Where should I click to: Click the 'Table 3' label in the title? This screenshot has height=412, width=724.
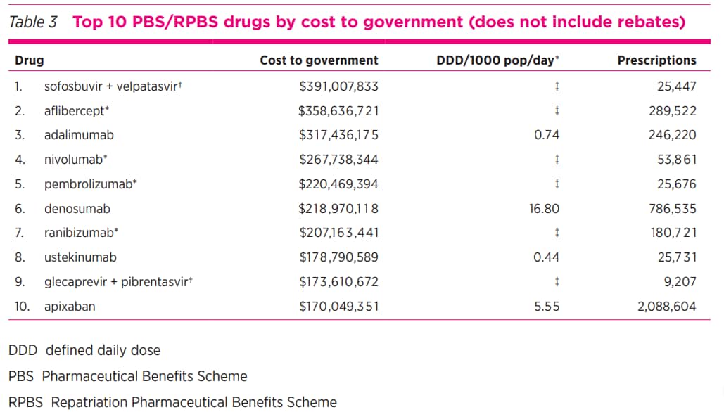[32, 22]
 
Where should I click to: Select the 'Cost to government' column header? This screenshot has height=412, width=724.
[319, 60]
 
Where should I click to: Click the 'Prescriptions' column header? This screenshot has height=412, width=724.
[656, 60]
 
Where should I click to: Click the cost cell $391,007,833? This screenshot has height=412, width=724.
[338, 86]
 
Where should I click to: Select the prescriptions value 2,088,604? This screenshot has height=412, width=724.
[666, 307]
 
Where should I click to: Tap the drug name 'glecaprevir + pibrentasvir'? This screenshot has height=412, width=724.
[118, 282]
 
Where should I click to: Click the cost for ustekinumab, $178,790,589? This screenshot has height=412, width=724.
[338, 257]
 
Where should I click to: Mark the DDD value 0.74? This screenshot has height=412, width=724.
[547, 135]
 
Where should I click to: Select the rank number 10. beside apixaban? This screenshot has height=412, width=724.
[23, 307]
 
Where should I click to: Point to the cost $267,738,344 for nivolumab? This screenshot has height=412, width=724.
[338, 160]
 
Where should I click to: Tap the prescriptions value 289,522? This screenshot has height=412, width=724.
[672, 111]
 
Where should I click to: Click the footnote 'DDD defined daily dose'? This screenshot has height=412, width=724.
[84, 350]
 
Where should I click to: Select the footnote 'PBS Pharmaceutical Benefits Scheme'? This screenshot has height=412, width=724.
[127, 376]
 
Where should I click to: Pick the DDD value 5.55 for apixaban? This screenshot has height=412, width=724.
[547, 307]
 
